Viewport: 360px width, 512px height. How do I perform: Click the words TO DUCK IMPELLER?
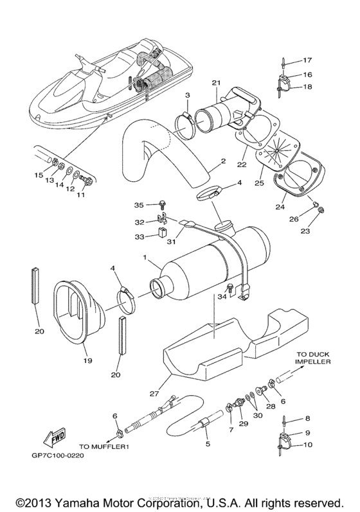click(x=313, y=357)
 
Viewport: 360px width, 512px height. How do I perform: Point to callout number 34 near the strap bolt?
click(x=221, y=297)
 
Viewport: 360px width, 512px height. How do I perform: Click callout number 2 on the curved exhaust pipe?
click(x=222, y=161)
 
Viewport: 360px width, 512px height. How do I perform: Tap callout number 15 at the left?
click(x=38, y=175)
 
